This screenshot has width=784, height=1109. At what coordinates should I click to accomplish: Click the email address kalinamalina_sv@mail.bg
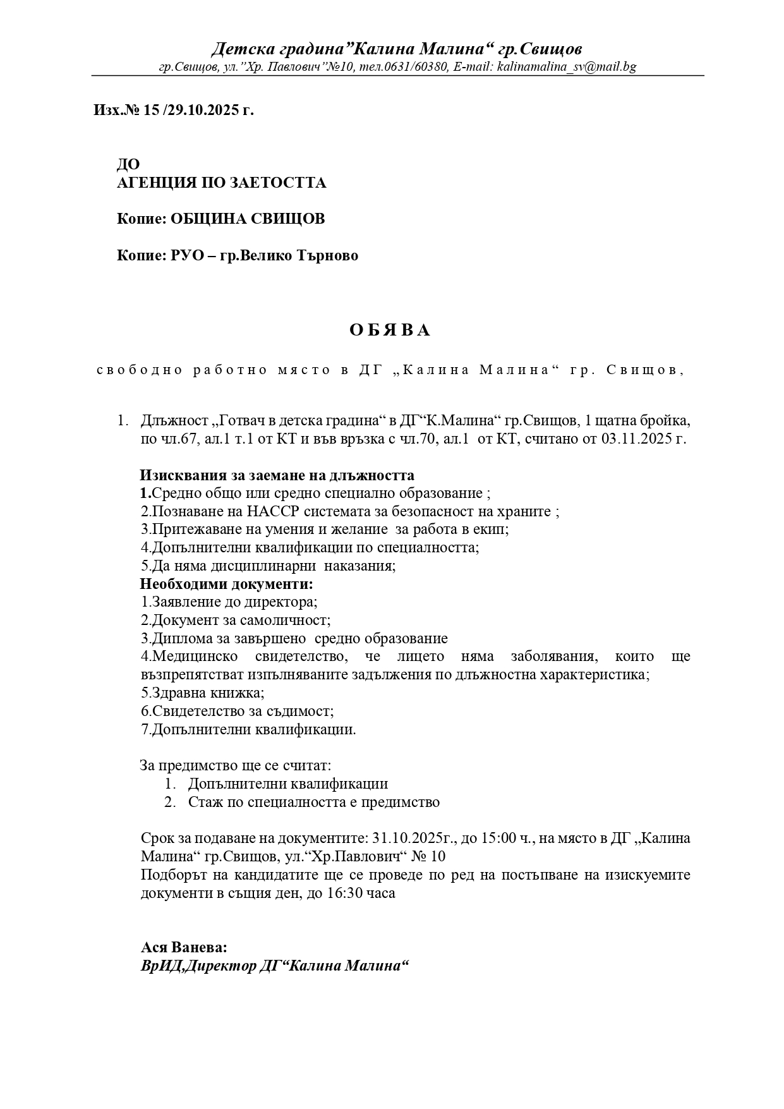tap(567, 67)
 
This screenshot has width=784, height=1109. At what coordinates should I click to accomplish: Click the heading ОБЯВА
tap(390, 330)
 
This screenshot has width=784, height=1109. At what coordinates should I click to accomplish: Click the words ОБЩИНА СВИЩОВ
tap(248, 219)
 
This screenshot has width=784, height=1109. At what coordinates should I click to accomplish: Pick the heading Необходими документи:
tap(226, 584)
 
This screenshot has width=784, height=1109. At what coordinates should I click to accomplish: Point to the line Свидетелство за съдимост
tap(237, 711)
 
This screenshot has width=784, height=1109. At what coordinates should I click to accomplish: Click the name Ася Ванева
tap(183, 948)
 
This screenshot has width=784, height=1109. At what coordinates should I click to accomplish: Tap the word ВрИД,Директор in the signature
tap(199, 966)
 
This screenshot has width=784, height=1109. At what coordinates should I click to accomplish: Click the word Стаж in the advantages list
tap(204, 803)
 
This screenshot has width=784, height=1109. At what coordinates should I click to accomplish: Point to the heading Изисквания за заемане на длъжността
tap(277, 475)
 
